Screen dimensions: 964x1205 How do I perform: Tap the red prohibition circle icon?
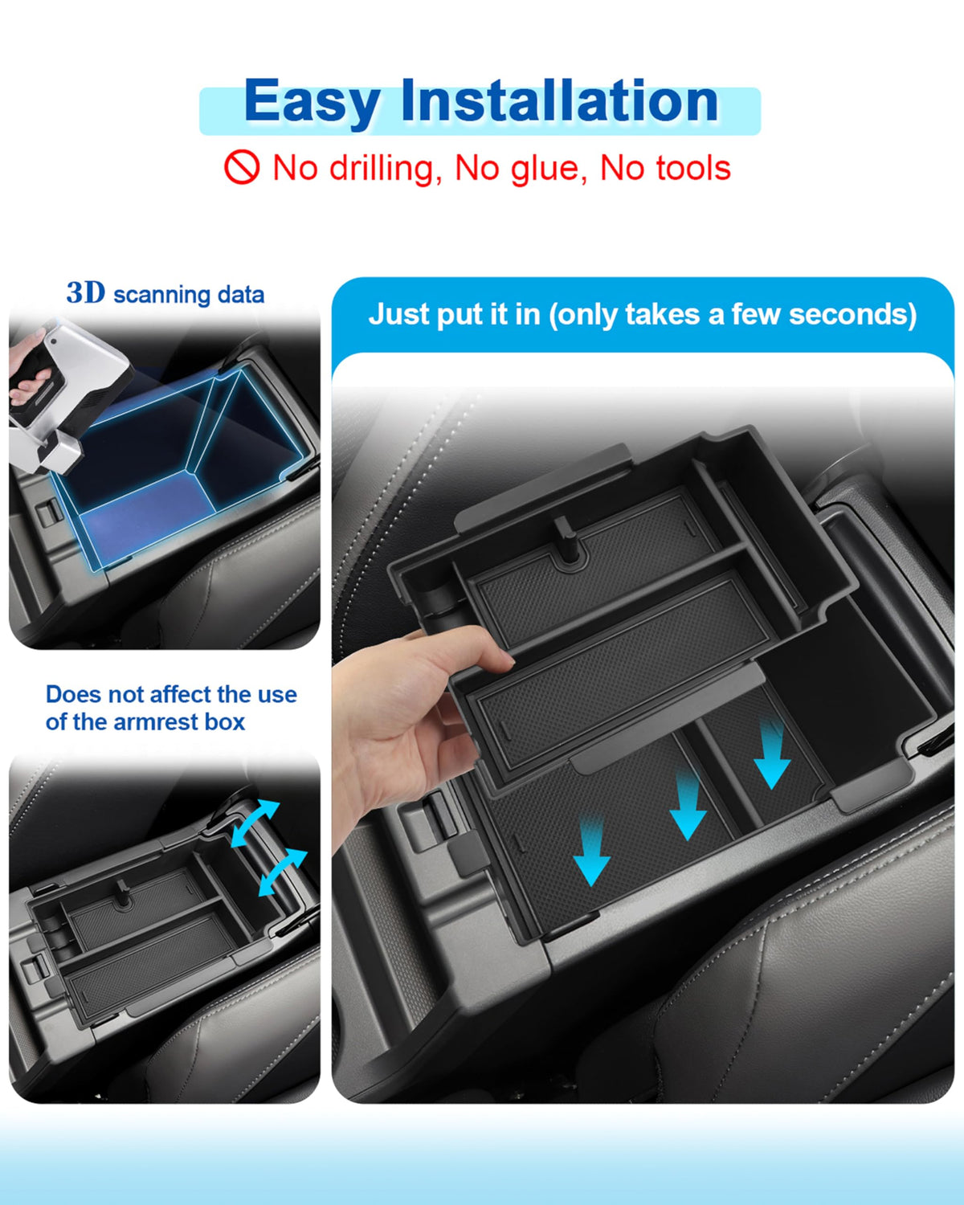pos(242,167)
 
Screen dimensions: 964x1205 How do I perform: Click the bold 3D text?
pos(86,292)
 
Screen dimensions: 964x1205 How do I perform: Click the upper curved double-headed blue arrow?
pos(255,823)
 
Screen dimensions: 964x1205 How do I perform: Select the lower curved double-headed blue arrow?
pos(283,872)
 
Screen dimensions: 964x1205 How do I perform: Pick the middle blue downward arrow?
pos(688,805)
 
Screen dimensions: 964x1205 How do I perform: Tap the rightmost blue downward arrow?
pos(772,755)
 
